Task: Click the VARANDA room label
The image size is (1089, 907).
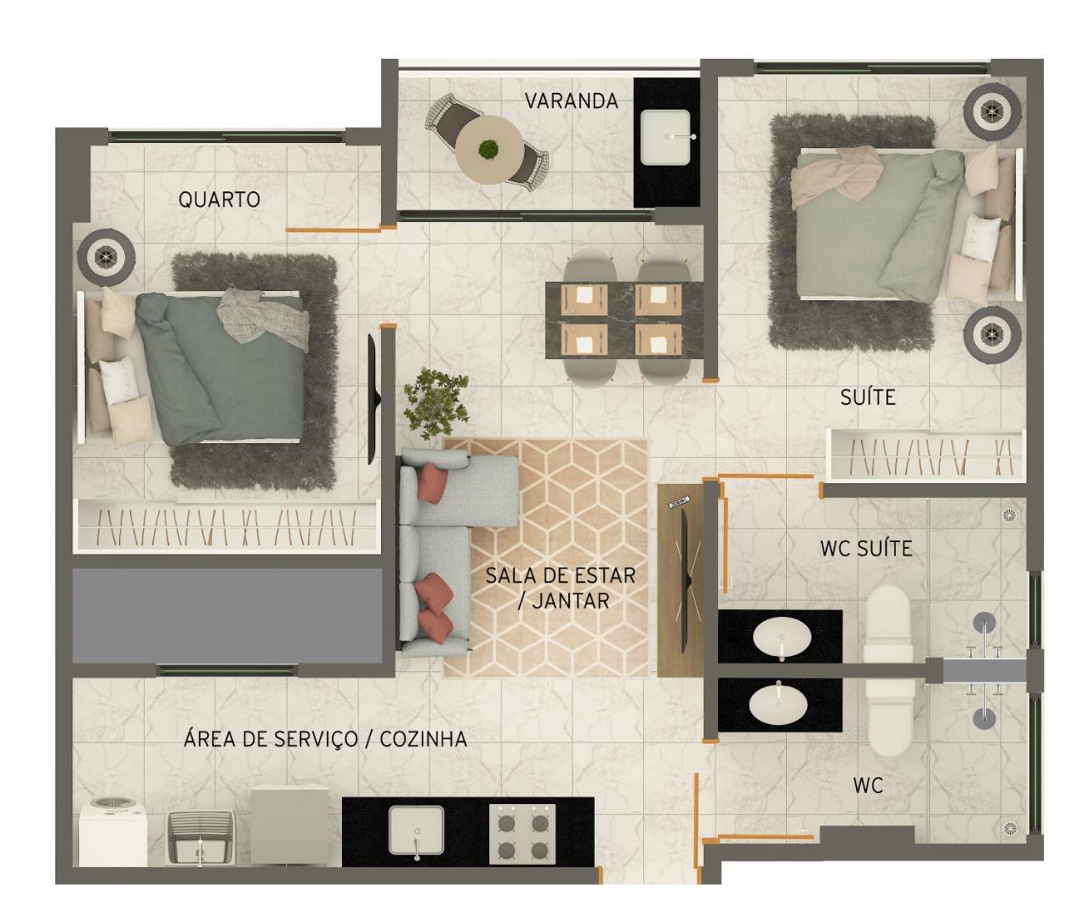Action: (x=571, y=100)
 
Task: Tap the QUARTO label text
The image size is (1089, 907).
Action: (x=219, y=199)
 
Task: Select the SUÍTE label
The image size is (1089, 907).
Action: (x=868, y=397)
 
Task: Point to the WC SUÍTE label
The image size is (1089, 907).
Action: (x=866, y=548)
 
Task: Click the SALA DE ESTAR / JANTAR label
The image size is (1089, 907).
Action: (x=561, y=588)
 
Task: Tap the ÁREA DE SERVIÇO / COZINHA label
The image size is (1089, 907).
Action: (x=325, y=739)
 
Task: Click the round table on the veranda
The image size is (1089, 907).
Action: (x=490, y=149)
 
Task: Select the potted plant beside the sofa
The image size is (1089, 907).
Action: (x=436, y=404)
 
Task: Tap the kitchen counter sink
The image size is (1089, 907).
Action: (x=416, y=830)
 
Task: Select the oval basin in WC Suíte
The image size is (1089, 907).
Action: (x=782, y=636)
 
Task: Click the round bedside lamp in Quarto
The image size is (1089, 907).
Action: (x=106, y=257)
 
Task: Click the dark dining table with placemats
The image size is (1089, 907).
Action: (x=624, y=320)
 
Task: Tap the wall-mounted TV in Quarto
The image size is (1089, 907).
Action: (x=373, y=399)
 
